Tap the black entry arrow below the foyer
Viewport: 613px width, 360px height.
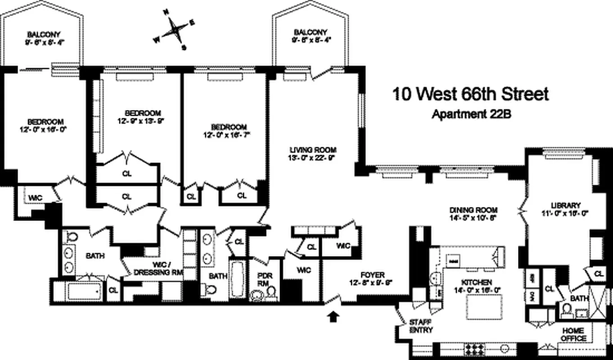(333, 317)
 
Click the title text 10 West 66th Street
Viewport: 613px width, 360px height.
(471, 95)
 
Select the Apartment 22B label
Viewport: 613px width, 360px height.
(471, 115)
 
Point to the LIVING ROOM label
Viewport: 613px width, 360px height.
(313, 153)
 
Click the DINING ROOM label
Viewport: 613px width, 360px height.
(473, 213)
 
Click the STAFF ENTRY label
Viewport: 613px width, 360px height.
(421, 326)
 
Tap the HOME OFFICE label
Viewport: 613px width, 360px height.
(573, 334)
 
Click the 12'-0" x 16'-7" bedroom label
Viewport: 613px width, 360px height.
(230, 130)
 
